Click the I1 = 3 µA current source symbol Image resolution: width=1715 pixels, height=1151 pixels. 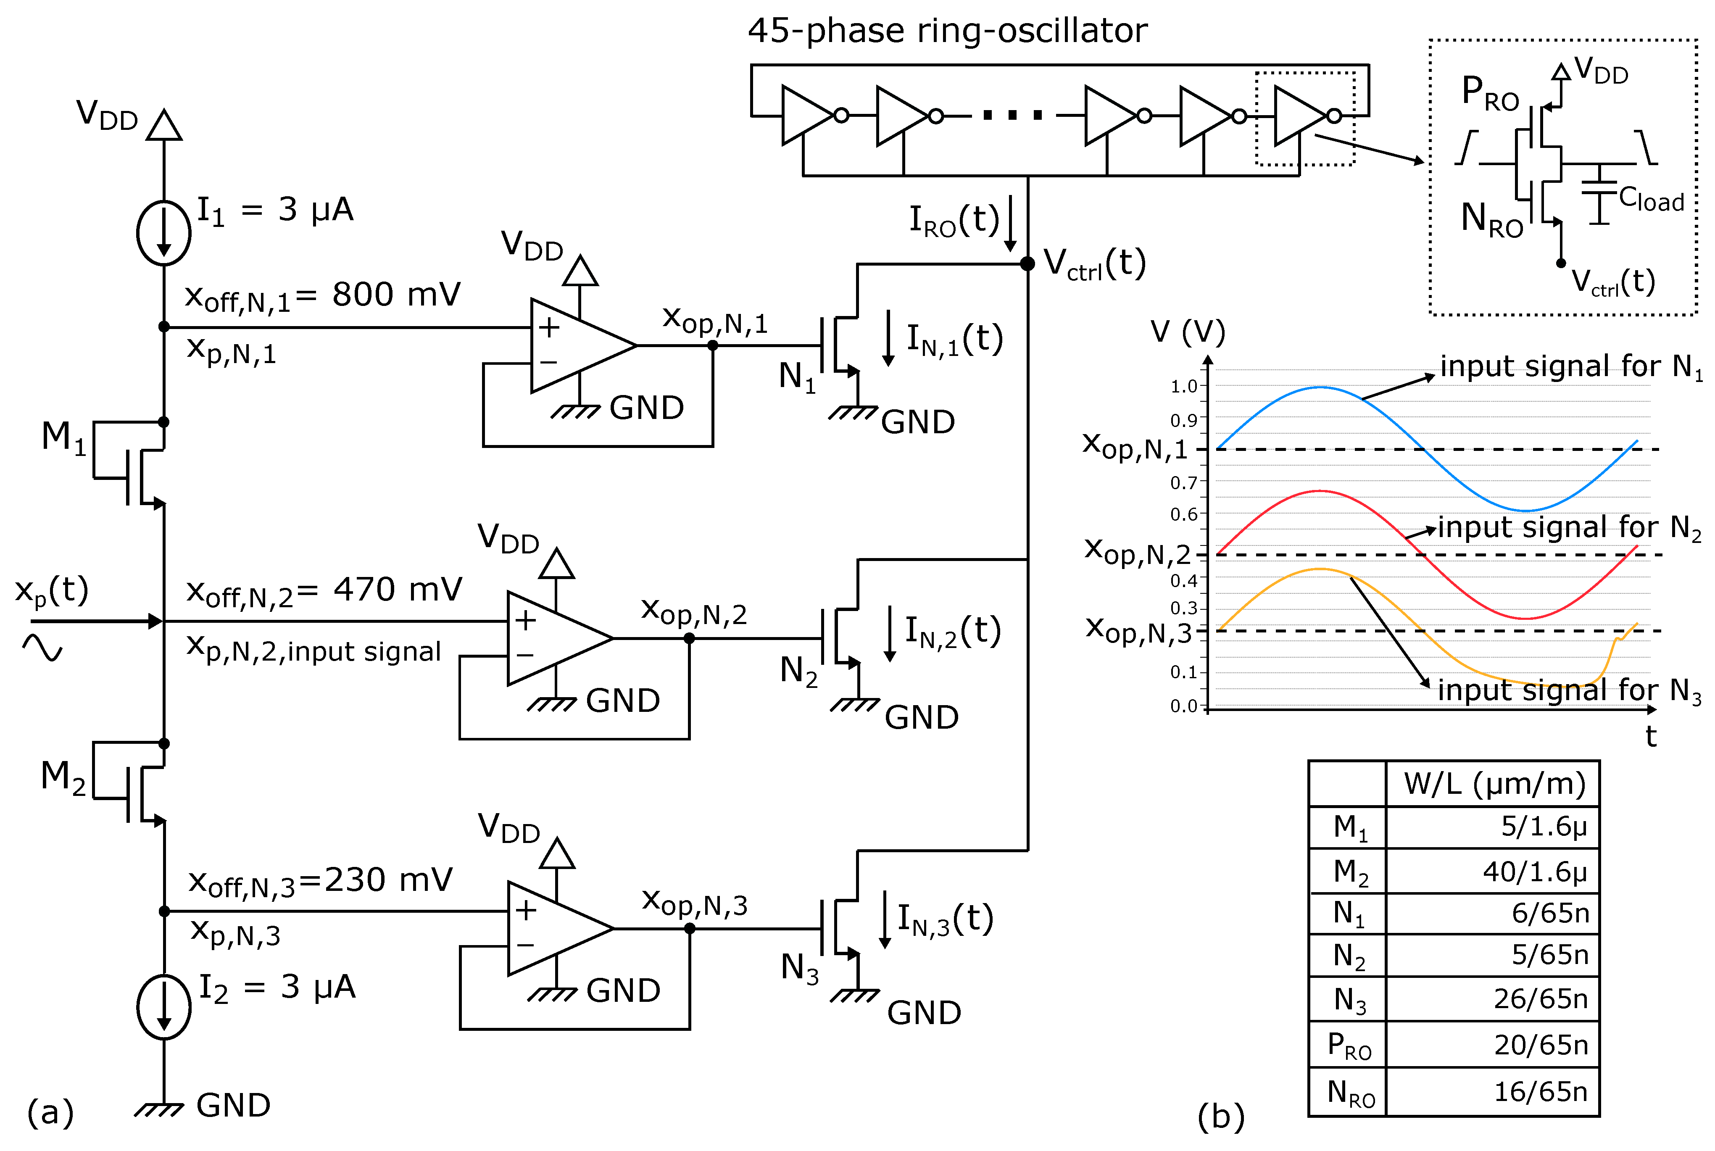(x=163, y=233)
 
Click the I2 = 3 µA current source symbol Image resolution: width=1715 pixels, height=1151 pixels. (x=163, y=1007)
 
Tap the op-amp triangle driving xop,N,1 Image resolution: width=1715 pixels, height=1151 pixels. (x=580, y=345)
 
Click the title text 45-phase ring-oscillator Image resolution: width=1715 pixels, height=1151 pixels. (x=947, y=31)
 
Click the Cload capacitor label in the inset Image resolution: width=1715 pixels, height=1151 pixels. (x=1651, y=200)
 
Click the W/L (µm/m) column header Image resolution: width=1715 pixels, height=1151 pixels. (x=1494, y=784)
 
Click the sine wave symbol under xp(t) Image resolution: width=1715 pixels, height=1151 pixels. (x=42, y=648)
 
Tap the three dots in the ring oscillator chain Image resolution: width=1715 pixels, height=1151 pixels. (x=1013, y=115)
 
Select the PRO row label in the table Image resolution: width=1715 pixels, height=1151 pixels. (x=1349, y=1045)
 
